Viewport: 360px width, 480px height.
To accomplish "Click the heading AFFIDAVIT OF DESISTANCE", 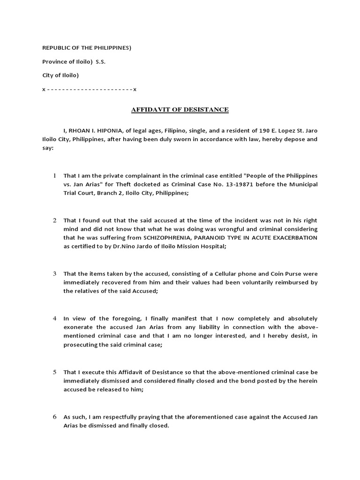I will click(180, 110).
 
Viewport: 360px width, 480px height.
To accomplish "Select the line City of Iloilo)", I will click(60, 75).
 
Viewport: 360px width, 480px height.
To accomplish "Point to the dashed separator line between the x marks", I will click(89, 89).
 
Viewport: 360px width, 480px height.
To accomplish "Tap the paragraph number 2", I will click(54, 220).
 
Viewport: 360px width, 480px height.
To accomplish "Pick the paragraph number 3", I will click(54, 273).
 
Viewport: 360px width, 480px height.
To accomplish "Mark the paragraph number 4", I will click(54, 318).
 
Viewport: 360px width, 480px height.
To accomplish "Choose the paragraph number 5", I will click(54, 372).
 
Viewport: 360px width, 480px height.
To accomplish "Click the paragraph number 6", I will click(54, 417).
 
